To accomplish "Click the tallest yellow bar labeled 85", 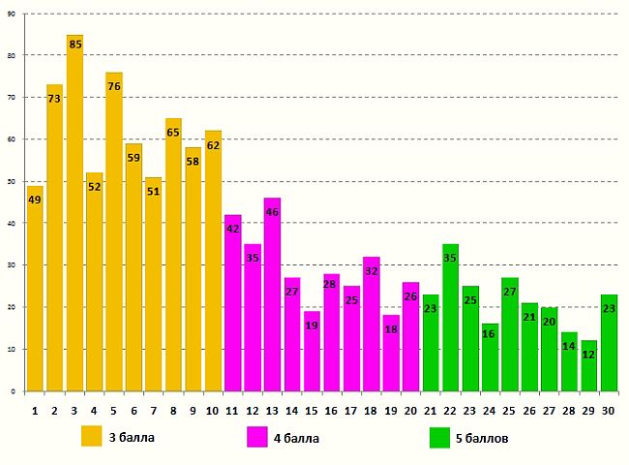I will [75, 213].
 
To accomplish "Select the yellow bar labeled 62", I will [213, 261].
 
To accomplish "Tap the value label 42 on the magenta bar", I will [233, 229].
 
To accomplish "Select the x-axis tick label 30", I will [608, 411].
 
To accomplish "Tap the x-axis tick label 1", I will [35, 411].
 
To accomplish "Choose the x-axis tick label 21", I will [431, 411].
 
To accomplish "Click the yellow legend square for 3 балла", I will [93, 438].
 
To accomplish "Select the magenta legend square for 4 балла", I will [257, 438].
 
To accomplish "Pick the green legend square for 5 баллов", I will [441, 438].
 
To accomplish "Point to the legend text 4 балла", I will [296, 438].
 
